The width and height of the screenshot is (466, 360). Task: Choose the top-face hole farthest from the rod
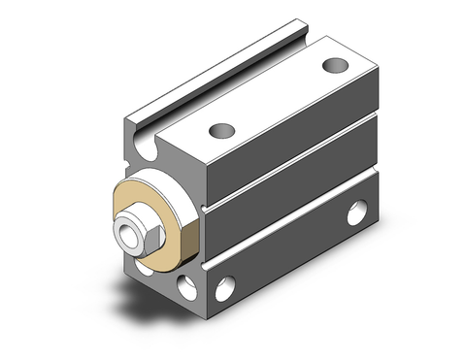(335, 66)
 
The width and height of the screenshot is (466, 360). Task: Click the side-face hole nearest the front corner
(226, 285)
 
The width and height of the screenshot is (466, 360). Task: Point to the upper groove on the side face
(291, 164)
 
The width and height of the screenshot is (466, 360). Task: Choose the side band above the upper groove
(291, 136)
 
